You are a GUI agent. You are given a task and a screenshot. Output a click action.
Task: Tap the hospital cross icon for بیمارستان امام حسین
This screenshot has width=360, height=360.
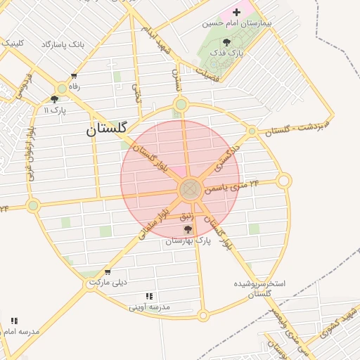236,11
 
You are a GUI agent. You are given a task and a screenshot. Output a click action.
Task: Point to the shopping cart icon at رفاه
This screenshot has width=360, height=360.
74,76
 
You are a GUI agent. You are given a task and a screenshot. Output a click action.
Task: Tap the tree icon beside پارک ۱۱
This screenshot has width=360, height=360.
55,99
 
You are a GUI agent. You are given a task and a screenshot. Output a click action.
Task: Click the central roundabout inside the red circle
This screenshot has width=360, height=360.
189,189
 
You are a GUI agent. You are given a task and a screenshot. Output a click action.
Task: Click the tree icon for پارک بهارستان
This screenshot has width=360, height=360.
187,229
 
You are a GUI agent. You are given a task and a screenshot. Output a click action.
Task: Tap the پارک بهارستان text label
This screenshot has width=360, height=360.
188,240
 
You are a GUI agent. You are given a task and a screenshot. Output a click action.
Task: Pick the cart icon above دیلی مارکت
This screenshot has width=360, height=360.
107,272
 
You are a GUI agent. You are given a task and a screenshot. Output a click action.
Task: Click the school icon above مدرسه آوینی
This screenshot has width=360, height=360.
148,297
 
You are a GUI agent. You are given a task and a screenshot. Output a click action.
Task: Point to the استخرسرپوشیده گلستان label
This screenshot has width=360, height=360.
259,288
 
